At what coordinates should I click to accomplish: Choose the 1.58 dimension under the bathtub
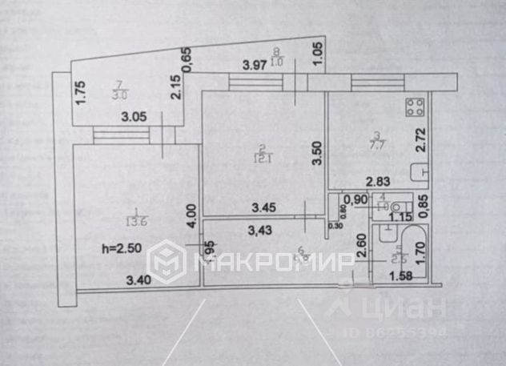pos(404,277)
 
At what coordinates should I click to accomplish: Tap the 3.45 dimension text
pos(265,207)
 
